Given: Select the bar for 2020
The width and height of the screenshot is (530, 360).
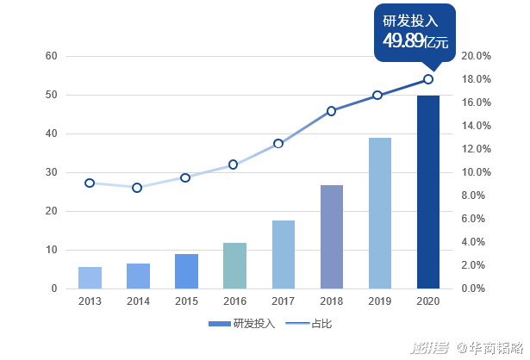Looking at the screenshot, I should click(428, 191).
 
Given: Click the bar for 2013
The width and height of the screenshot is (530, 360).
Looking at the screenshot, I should click(90, 277).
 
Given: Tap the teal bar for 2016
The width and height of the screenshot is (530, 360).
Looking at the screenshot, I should click(234, 265).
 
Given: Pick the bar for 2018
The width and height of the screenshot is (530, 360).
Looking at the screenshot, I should click(332, 237).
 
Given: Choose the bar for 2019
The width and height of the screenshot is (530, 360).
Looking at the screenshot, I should click(380, 213).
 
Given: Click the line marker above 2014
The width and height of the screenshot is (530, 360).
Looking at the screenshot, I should click(137, 187).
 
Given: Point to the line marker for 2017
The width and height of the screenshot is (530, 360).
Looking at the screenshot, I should click(278, 143).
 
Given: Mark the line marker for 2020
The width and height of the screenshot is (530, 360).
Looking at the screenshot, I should click(428, 79).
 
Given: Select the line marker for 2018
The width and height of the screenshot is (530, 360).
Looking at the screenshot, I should click(331, 111).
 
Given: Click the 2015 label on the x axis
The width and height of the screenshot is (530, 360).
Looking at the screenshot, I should click(186, 301).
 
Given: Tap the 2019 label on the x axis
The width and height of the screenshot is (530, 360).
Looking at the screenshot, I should click(380, 301).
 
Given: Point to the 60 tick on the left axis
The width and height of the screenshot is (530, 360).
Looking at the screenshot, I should click(51, 56).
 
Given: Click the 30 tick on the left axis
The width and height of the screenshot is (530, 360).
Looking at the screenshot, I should click(51, 172).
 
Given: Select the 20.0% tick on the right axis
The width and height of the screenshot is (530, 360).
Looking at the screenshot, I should click(477, 56).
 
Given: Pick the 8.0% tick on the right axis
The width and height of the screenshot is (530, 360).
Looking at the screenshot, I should click(477, 196).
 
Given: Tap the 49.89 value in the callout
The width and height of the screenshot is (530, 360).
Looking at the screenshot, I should click(403, 41).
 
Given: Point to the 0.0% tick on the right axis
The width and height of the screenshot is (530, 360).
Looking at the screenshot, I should click(477, 289).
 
